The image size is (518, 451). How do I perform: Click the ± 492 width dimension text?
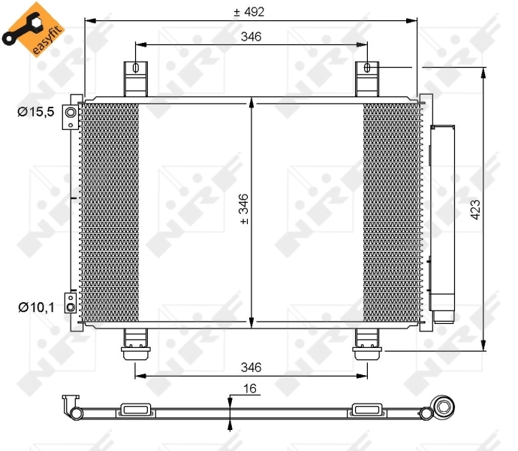(x=249, y=11)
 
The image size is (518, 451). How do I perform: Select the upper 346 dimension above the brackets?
(x=251, y=37)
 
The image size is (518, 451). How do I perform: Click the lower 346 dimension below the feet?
(x=251, y=368)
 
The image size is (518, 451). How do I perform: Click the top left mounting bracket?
(x=135, y=77)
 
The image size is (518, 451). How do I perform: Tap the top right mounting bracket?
(x=366, y=77)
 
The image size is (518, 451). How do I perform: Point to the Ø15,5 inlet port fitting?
(x=71, y=113)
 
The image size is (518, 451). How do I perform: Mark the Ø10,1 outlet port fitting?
(x=70, y=303)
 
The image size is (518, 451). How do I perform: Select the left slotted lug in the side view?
(x=136, y=410)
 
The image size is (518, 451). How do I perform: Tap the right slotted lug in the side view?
(x=366, y=410)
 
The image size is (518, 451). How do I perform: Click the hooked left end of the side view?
(x=70, y=404)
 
